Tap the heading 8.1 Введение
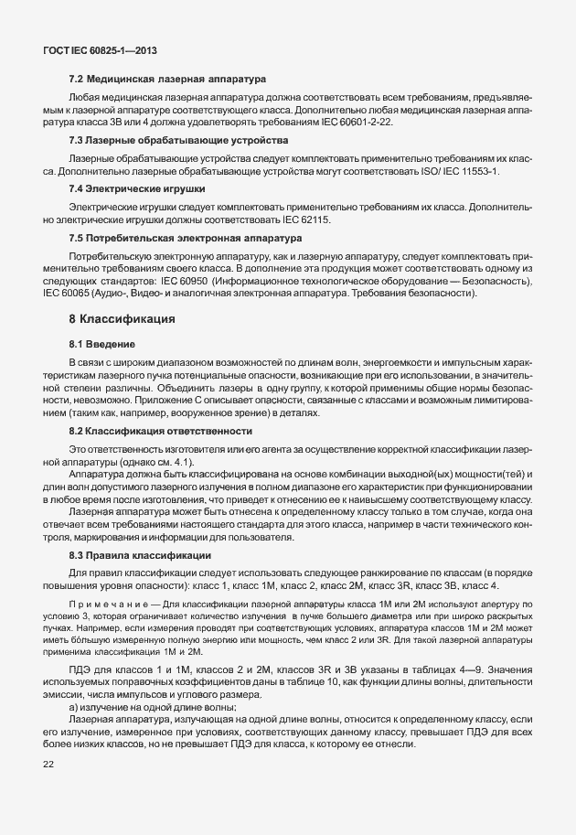[x=102, y=344]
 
